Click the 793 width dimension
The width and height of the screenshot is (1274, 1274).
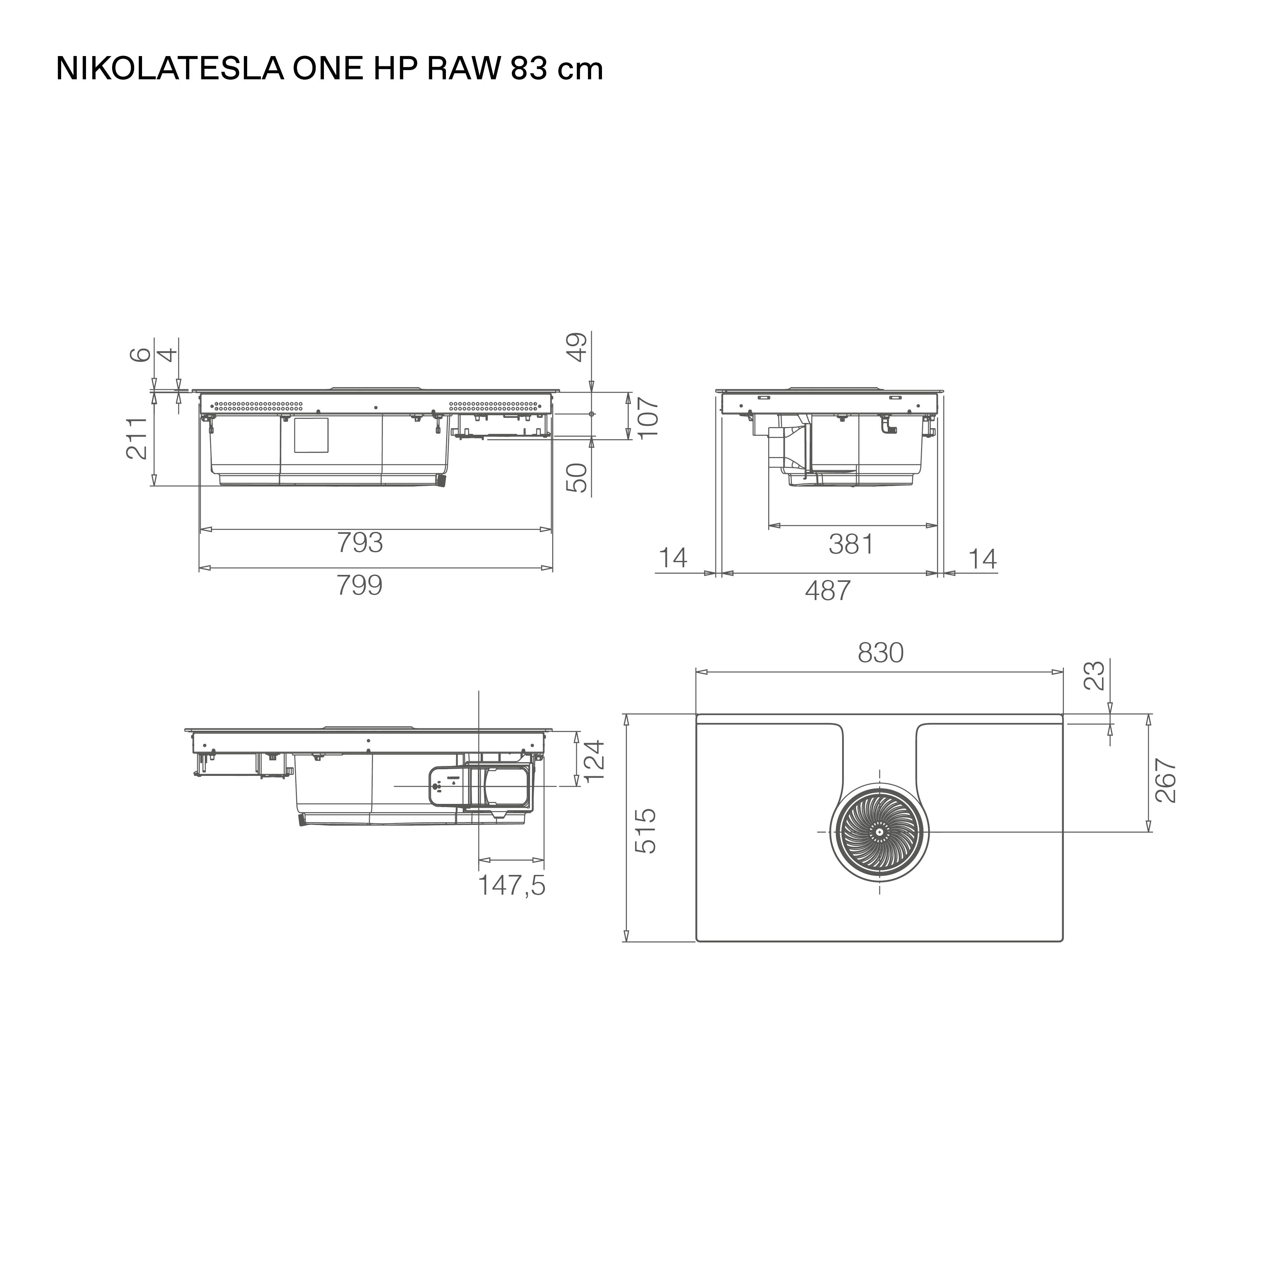click(x=360, y=543)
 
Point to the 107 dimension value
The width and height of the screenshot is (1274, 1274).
click(x=648, y=417)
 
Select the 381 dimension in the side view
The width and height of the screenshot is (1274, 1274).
click(x=851, y=545)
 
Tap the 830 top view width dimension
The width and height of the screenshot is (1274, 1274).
click(x=881, y=653)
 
